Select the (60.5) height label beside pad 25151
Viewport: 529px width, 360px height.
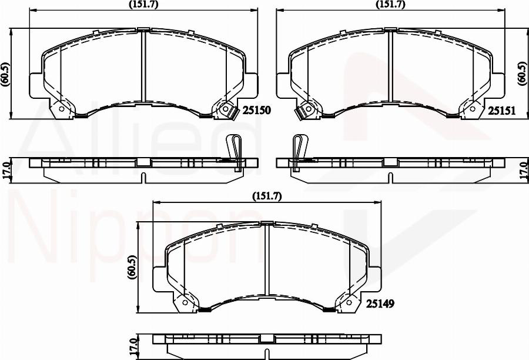pyautogui.click(x=521, y=74)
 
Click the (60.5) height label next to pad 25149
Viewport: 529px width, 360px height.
pyautogui.click(x=132, y=268)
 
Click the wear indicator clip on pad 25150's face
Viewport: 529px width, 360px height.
pyautogui.click(x=225, y=109)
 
